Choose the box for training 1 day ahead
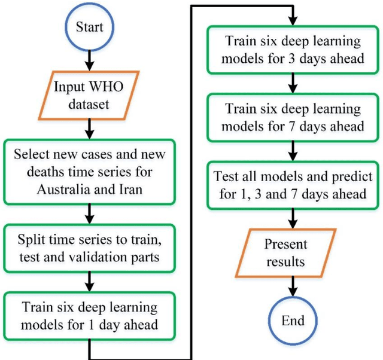pos(89,316)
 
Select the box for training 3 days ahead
pos(293,50)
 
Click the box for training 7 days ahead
pos(293,118)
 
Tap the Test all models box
pos(293,185)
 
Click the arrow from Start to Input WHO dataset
pos(89,60)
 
